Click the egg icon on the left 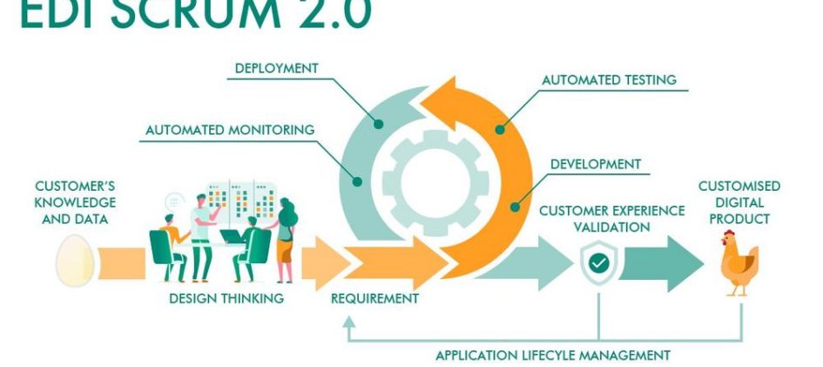click(74, 260)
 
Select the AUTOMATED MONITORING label click(230, 131)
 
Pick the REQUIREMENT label click(374, 298)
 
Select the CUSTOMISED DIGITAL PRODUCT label click(739, 202)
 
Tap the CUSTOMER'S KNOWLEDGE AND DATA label click(75, 202)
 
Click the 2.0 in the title click(327, 14)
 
